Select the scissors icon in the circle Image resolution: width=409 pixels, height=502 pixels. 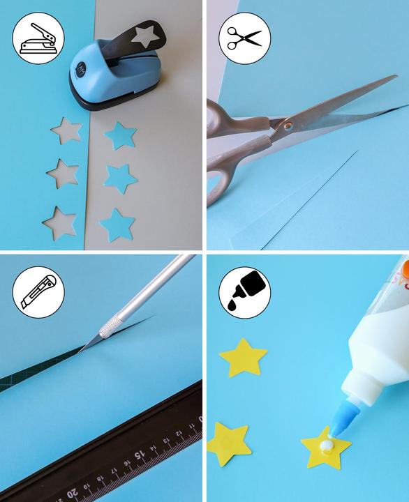tap(244, 39)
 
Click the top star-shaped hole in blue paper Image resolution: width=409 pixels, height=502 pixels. tap(68, 130)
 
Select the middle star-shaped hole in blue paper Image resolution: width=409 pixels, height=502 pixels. tap(63, 173)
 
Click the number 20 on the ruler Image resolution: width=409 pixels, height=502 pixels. tap(72, 494)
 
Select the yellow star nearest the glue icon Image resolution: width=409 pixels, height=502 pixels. tap(243, 357)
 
